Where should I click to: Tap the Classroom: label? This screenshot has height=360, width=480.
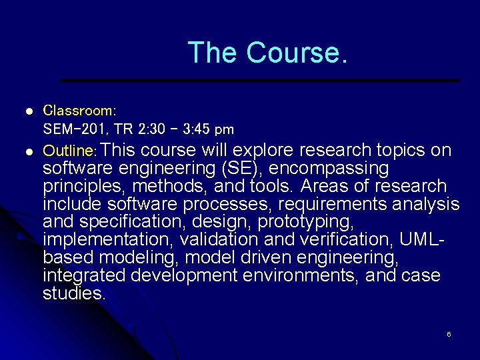[79, 109]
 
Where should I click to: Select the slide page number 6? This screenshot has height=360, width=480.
[449, 333]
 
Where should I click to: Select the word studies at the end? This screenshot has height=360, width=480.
[73, 293]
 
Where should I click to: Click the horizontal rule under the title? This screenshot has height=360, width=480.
[260, 80]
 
